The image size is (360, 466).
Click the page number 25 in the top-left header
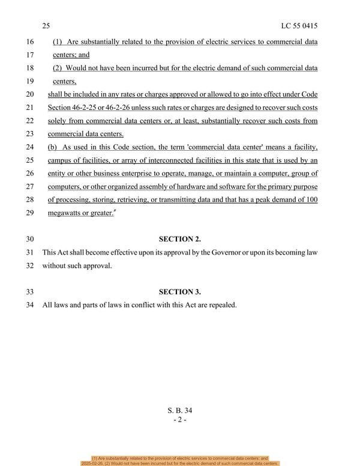(x=46, y=26)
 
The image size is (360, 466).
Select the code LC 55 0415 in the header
(x=298, y=26)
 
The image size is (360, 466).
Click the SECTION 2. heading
(x=179, y=239)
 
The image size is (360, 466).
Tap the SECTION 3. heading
(x=179, y=292)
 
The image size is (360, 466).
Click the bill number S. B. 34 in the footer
(x=179, y=411)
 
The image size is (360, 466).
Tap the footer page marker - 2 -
(x=179, y=420)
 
